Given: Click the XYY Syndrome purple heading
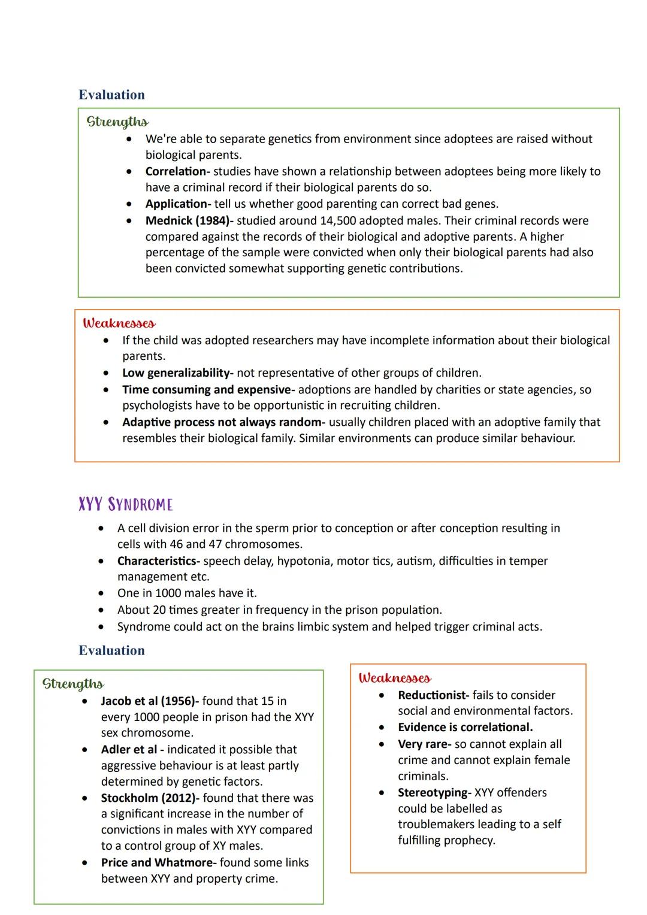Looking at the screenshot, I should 125,504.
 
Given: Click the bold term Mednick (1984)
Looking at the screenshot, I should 189,220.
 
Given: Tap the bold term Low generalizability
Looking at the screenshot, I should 177,373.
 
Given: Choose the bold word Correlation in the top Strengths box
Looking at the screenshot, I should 177,171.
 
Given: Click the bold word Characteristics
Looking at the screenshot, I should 158,561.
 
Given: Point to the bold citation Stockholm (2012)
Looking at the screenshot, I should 150,798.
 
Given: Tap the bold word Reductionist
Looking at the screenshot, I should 433,695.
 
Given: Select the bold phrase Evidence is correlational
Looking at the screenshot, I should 465,727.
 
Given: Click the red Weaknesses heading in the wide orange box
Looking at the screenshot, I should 119,323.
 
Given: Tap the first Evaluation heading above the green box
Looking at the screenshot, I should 111,95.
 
